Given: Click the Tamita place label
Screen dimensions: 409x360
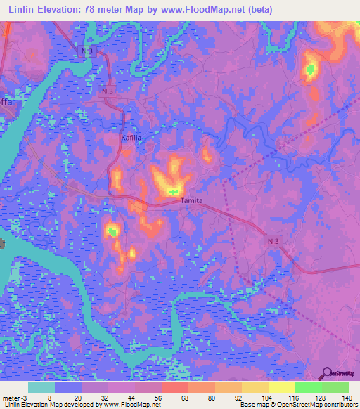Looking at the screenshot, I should point(192,200).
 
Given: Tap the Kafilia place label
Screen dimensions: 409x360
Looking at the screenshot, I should point(131,138).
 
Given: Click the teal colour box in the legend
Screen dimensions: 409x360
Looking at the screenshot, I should point(41,387).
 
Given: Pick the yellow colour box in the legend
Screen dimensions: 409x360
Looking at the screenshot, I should point(281,387).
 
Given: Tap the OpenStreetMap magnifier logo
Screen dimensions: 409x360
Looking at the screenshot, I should point(328,374).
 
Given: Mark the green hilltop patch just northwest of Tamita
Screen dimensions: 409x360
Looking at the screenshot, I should point(173,191).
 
